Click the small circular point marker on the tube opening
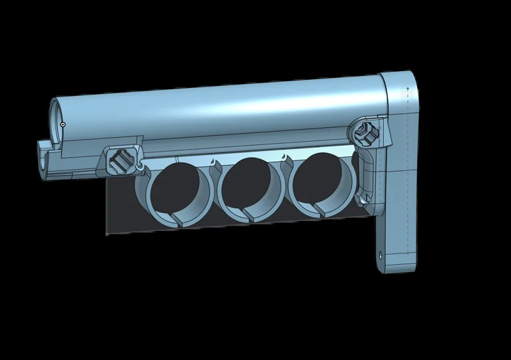[x=63, y=124]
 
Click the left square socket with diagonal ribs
[x=122, y=160]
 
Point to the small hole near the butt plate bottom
[x=381, y=255]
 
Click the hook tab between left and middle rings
[x=212, y=162]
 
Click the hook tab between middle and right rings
[x=285, y=158]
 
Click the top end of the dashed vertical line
[x=407, y=87]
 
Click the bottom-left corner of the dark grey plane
[x=107, y=234]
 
